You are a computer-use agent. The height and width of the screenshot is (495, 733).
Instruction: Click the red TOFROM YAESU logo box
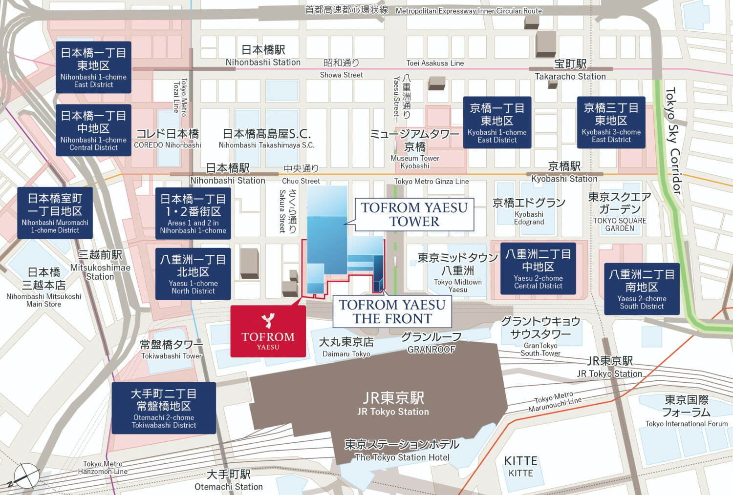pos(268,331)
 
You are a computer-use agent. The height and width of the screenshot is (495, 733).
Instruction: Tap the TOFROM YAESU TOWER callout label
pos(414,214)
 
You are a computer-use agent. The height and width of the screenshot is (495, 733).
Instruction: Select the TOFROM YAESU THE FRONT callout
pos(392,311)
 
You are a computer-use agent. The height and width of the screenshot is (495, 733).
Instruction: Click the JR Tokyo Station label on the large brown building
pos(393,404)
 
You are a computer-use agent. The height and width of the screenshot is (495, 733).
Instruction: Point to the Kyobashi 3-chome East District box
pos(611,123)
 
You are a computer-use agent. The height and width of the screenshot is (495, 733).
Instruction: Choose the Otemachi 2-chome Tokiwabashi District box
pos(164,408)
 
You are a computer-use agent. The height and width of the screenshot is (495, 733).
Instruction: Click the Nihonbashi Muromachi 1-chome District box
pos(55,213)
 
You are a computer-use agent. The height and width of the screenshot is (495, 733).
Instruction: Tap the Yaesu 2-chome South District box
pos(642,289)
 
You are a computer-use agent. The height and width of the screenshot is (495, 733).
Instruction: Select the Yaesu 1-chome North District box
pos(193,274)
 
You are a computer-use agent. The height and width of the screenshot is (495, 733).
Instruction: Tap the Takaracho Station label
pos(570,70)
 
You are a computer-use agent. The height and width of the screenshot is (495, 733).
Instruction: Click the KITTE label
pos(520,466)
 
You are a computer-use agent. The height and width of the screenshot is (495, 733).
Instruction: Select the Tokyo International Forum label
pos(686,411)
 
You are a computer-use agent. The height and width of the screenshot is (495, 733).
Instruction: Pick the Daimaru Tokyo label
pos(346,347)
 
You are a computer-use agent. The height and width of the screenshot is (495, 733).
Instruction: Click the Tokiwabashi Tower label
pos(172,349)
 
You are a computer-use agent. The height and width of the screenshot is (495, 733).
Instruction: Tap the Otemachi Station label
pos(228,480)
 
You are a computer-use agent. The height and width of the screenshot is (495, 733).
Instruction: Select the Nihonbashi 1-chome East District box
pos(93,67)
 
